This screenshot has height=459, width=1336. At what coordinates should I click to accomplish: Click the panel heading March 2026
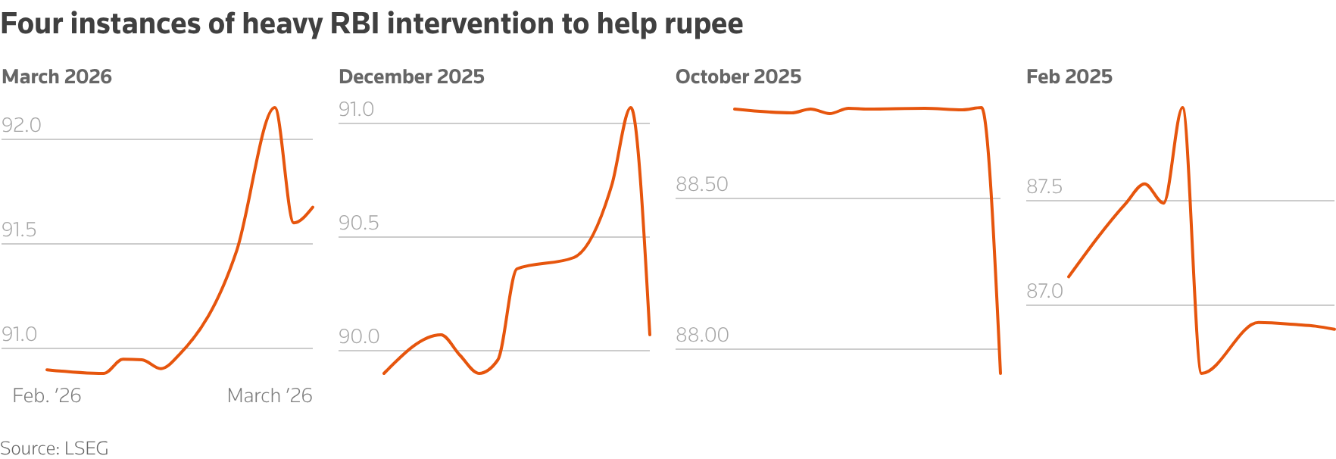coord(57,76)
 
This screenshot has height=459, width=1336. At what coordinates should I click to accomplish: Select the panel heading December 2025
coord(411,76)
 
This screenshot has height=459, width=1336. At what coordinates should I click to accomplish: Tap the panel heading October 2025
coord(738,76)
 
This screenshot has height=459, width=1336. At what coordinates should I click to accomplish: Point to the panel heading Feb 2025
coord(1069,76)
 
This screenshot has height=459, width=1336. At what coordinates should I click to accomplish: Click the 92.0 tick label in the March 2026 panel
coord(21,125)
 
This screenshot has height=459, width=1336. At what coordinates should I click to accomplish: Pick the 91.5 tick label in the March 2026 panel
coord(19,229)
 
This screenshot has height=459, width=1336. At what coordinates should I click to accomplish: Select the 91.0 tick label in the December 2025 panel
coord(356,109)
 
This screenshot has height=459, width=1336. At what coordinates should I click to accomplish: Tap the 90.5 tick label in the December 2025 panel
coord(358,223)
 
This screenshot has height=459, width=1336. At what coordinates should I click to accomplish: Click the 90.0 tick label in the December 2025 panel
coord(358,336)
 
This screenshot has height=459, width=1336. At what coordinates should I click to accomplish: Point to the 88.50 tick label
coord(701,184)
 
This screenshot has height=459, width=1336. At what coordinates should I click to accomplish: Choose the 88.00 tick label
coord(701,335)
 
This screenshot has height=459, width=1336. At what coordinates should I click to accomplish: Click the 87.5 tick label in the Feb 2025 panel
coord(1044,186)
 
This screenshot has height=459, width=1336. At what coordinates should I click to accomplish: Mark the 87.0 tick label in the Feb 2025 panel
coord(1044,291)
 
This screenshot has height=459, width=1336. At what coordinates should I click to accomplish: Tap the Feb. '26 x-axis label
coord(47,395)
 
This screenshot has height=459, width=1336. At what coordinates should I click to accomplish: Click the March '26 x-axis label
coord(270,395)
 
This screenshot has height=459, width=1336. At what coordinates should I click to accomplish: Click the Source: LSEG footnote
coord(55,448)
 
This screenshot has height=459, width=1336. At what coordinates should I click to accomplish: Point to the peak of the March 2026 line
coord(274,108)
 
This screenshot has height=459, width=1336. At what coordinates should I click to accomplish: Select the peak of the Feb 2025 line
coord(1182,108)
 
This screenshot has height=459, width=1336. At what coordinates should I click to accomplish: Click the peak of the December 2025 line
coord(630,107)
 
